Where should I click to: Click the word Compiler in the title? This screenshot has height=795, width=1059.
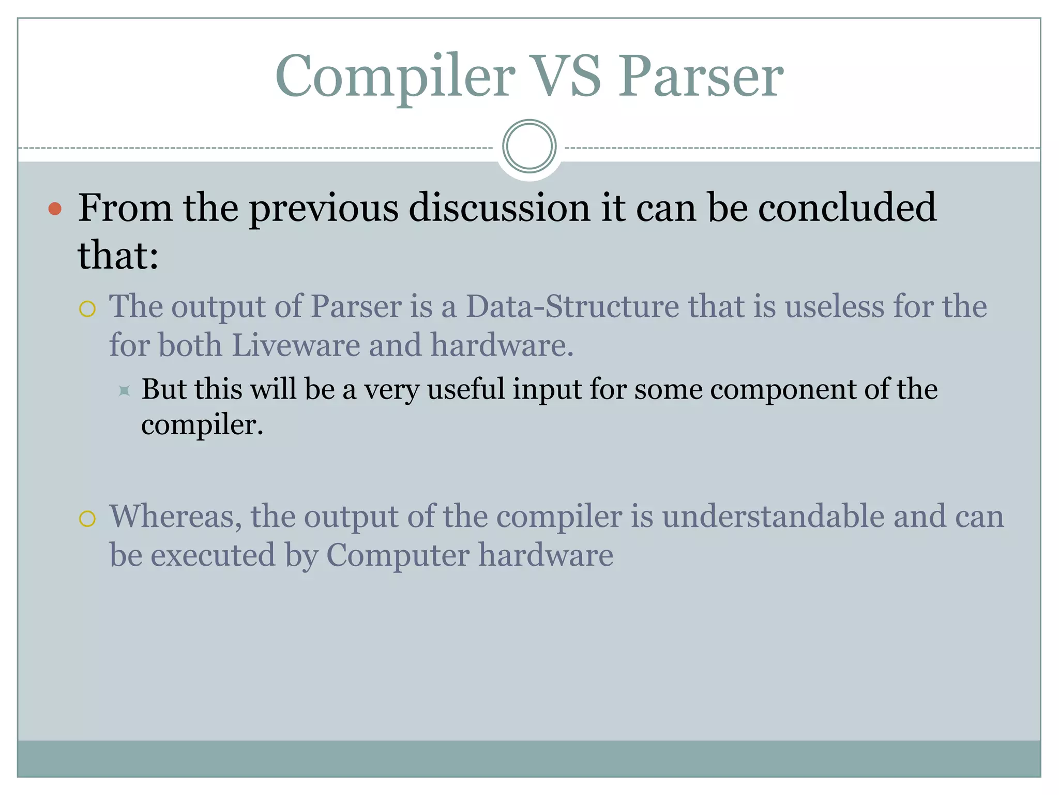tap(395, 77)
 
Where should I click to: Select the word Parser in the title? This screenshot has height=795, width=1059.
tap(701, 77)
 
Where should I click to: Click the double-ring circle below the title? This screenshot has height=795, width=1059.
tap(529, 146)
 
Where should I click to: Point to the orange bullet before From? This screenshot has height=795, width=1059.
tap(55, 209)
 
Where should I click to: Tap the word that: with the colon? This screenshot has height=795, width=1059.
tap(118, 256)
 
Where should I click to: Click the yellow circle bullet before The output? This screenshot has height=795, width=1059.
tap(87, 309)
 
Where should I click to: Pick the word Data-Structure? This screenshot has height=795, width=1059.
tap(572, 306)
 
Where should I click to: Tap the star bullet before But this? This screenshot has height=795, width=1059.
tap(124, 391)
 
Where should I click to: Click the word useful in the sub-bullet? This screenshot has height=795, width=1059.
tap(465, 389)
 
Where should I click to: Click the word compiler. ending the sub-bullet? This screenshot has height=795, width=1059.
tap(202, 425)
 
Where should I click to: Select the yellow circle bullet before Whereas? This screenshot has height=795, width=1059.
tap(87, 519)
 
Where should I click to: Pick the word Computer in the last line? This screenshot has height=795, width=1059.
tap(397, 555)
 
